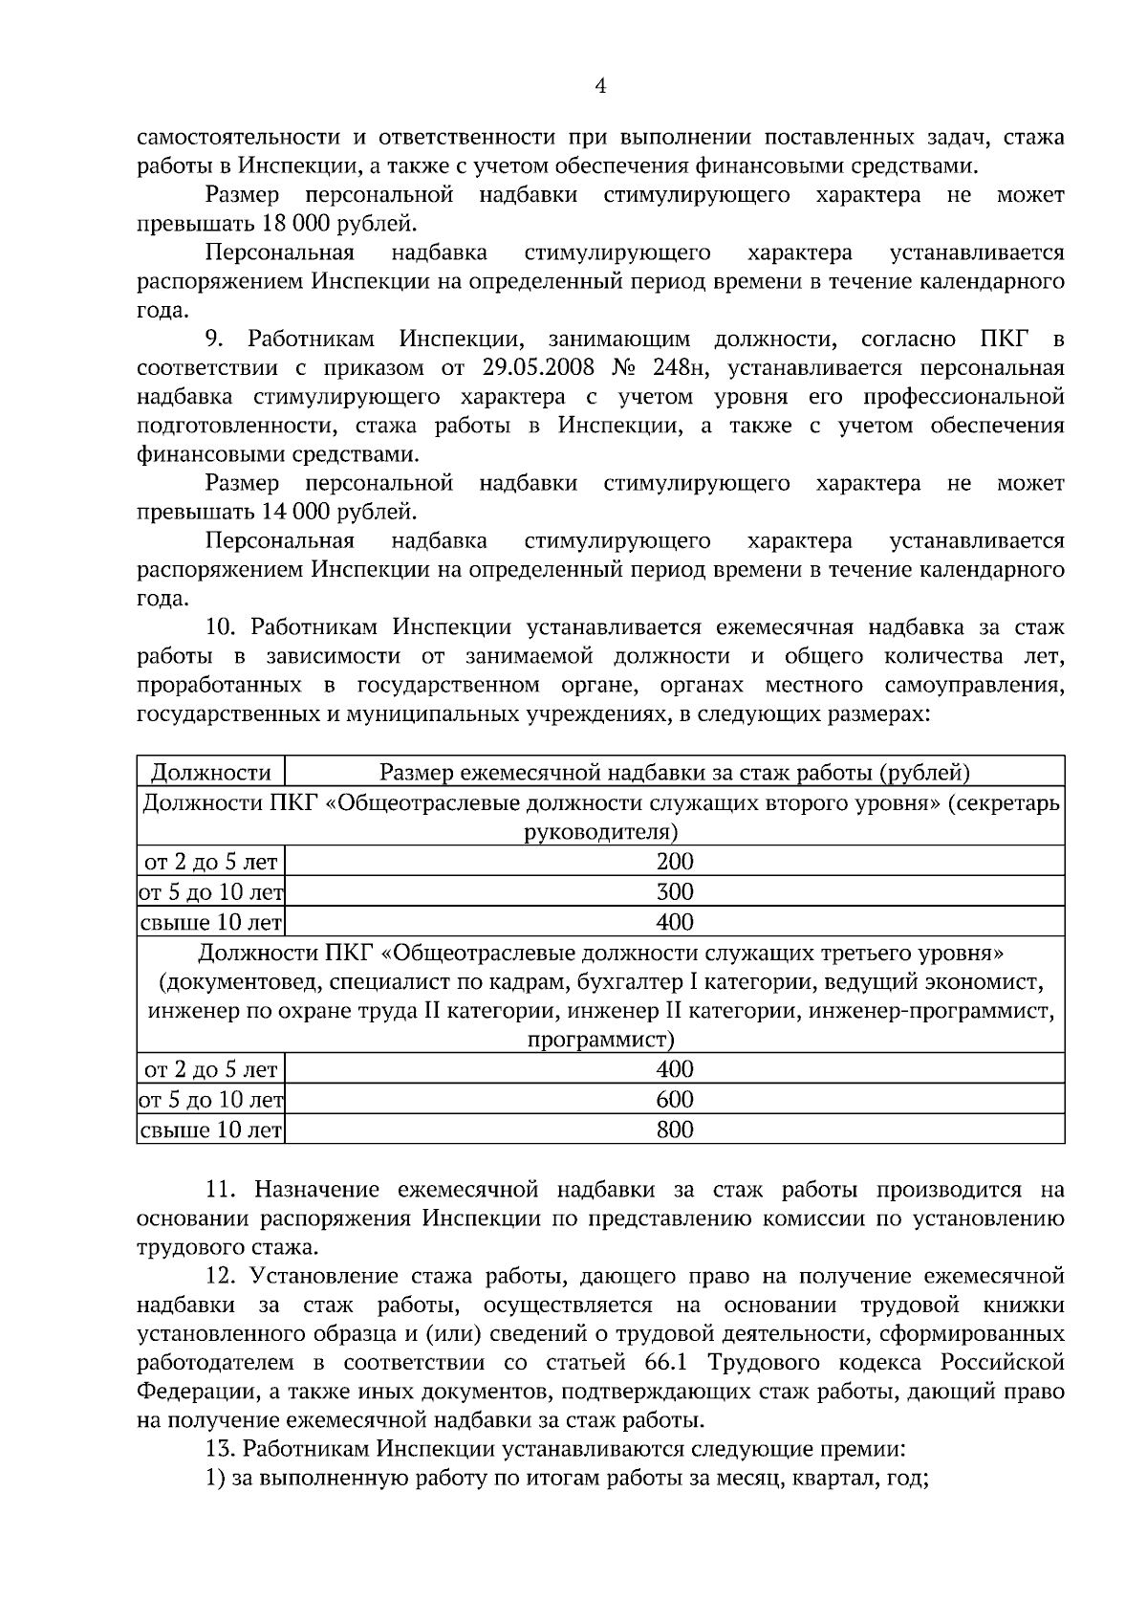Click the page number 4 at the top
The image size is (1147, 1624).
coord(600,86)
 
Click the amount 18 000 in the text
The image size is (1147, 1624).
coord(291,225)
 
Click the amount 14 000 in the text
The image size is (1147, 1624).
coord(291,512)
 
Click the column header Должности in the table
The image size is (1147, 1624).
coord(211,773)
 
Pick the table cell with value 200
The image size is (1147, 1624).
coord(675,861)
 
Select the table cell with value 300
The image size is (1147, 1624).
coord(675,892)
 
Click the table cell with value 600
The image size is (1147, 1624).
coord(675,1099)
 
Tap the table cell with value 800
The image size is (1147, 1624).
coord(675,1130)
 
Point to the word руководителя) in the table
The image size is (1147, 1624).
coord(601,831)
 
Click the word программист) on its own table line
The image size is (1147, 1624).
coord(601,1039)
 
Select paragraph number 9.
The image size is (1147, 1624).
coord(214,340)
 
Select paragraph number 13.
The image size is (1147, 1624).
coord(219,1448)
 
